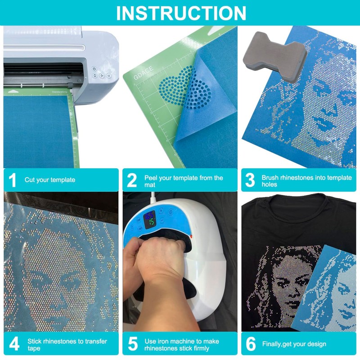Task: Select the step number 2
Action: [132, 180]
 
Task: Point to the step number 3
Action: [250, 180]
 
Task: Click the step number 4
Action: [14, 344]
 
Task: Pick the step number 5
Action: [132, 344]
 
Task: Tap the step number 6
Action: [251, 344]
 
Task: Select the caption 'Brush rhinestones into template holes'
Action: [306, 181]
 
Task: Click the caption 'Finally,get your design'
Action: [294, 345]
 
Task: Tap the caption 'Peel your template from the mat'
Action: [184, 181]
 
